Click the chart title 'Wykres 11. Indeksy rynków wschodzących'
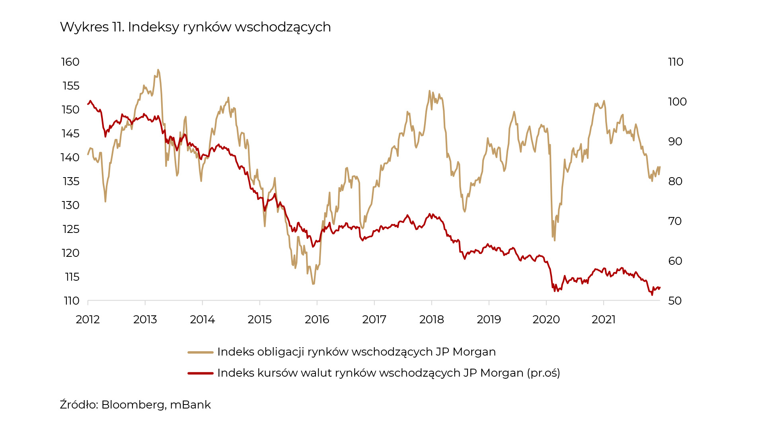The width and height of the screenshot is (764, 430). [x=195, y=27]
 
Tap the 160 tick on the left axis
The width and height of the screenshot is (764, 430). [x=70, y=62]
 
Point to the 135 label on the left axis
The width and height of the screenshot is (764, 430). [x=71, y=182]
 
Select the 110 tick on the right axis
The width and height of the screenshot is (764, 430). [x=676, y=62]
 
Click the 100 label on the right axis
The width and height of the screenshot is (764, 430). [x=677, y=102]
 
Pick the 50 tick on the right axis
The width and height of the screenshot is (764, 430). [x=675, y=301]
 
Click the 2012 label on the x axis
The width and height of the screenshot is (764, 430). [x=88, y=320]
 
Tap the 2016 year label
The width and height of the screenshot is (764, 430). [x=317, y=320]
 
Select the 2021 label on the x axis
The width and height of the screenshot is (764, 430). [x=603, y=320]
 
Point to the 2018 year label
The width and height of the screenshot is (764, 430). [x=431, y=320]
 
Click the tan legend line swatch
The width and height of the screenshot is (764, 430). [x=201, y=352]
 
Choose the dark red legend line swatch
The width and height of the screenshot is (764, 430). [x=201, y=373]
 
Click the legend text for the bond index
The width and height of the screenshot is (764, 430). [x=357, y=352]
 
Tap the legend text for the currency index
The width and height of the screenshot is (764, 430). [x=388, y=373]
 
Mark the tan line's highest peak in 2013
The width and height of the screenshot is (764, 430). [x=158, y=70]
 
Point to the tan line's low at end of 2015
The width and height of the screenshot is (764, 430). [x=314, y=284]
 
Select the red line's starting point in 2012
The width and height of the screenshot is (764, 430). [x=88, y=104]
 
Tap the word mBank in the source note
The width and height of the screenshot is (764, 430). [x=190, y=405]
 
